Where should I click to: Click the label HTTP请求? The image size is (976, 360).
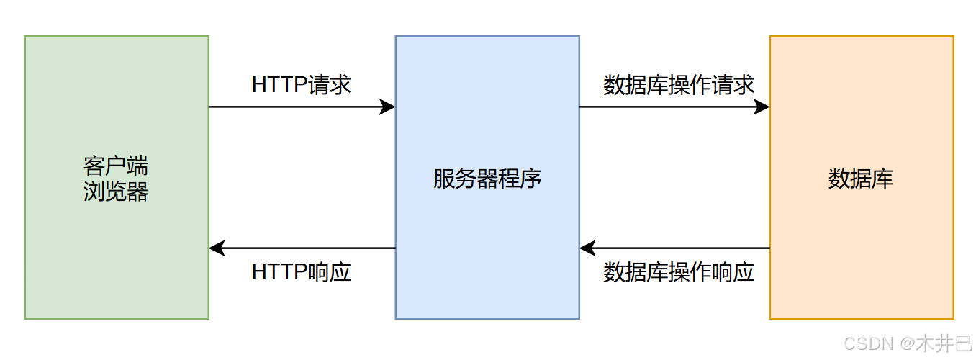(x=302, y=85)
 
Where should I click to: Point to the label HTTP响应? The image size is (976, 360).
(x=302, y=272)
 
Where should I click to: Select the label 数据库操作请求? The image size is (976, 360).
(x=679, y=85)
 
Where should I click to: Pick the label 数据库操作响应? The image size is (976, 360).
(x=679, y=272)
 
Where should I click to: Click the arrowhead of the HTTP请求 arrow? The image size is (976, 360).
(x=389, y=107)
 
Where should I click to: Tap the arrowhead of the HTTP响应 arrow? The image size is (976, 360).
(x=216, y=248)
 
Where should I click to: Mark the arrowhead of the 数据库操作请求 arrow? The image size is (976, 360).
(x=763, y=107)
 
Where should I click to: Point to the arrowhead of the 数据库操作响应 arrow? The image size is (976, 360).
(x=587, y=248)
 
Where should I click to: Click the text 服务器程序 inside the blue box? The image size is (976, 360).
(x=487, y=179)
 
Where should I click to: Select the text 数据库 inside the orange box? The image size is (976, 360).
(x=861, y=179)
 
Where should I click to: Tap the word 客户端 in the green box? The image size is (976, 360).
(x=116, y=166)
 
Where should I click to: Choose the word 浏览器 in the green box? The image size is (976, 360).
(x=116, y=192)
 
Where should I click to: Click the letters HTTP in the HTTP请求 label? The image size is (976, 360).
(x=279, y=85)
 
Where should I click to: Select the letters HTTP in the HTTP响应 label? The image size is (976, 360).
(x=279, y=272)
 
